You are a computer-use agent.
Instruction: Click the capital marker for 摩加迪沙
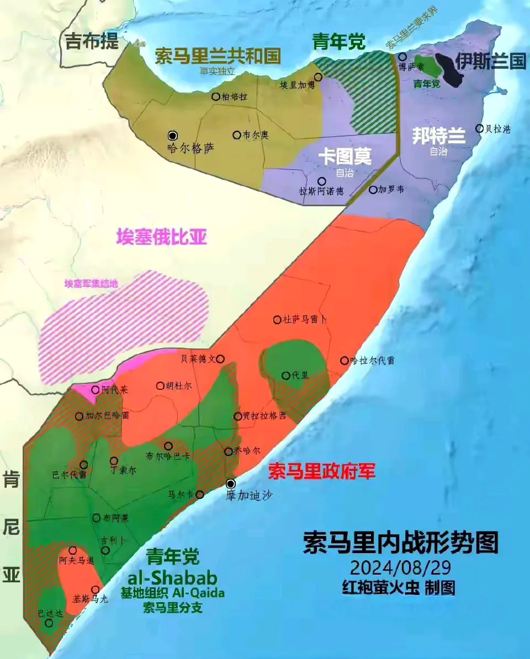231,484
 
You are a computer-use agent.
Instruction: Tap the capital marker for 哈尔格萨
173,135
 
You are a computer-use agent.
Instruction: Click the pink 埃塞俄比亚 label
162,237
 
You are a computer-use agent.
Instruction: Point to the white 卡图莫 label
345,157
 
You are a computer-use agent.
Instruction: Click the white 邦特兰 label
439,136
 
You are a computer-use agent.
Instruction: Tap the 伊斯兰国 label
491,61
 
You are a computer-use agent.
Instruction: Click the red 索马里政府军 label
322,471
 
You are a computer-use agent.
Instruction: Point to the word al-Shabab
172,577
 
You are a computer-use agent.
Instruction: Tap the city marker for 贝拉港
479,128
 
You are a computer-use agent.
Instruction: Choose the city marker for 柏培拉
216,97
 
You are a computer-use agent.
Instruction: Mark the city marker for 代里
286,376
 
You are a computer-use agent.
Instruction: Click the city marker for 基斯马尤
96,590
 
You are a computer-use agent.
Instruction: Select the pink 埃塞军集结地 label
91,283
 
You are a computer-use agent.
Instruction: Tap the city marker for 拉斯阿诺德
321,181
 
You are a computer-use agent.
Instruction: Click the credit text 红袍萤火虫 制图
399,587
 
